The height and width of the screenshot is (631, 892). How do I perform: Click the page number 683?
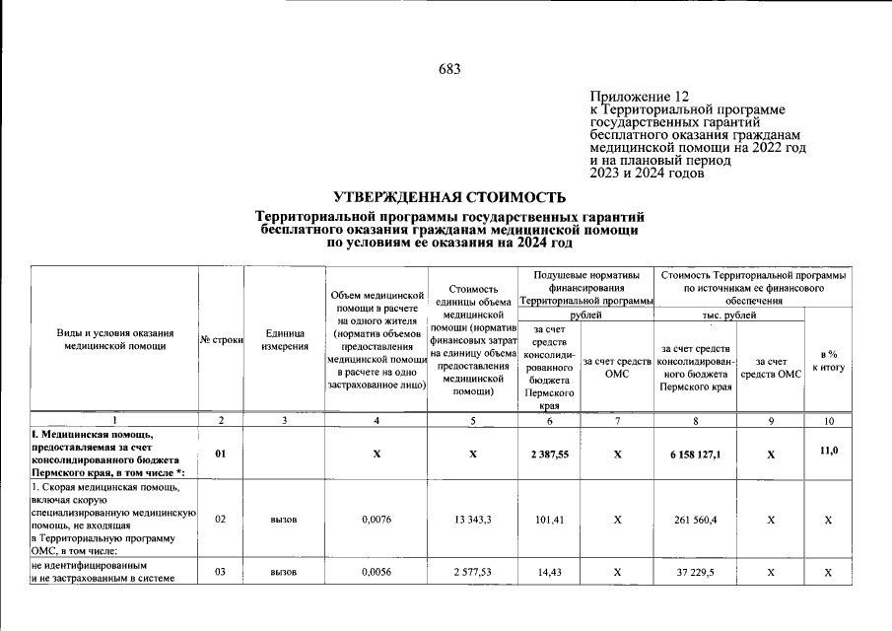click(x=448, y=69)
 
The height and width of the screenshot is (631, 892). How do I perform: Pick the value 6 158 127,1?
click(x=696, y=455)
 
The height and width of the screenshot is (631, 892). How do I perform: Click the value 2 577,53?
click(x=473, y=572)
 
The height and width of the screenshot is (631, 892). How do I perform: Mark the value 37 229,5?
click(x=696, y=572)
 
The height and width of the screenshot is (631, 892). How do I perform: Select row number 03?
click(x=221, y=572)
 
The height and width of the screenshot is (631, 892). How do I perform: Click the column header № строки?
click(x=221, y=340)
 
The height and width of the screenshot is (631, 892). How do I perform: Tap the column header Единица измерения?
click(x=284, y=340)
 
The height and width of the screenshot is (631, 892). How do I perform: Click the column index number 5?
click(x=473, y=421)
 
